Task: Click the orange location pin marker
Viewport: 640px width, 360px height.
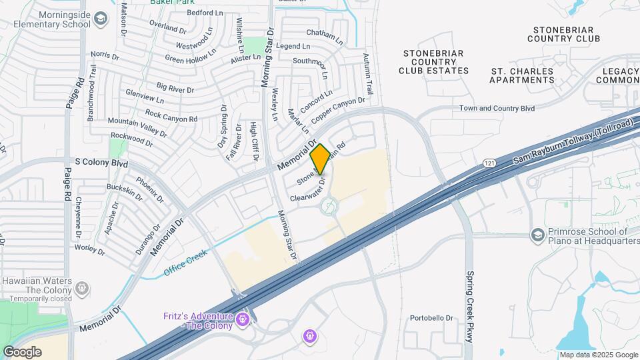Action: click(x=319, y=159)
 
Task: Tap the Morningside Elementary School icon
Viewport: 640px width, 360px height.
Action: click(x=101, y=17)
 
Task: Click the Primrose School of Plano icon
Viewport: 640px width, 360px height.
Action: click(x=537, y=235)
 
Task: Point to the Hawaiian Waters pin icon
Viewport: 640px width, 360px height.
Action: click(x=82, y=289)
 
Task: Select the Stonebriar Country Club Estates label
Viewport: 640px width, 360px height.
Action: click(x=434, y=61)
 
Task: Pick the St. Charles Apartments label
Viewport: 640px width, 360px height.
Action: click(x=521, y=75)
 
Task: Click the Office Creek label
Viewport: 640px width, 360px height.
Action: click(x=187, y=262)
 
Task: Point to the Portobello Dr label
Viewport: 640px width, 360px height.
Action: click(x=431, y=318)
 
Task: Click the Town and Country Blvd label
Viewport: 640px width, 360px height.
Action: click(x=497, y=108)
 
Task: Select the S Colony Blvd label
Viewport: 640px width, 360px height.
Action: click(x=101, y=161)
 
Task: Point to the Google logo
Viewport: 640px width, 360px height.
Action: click(x=22, y=351)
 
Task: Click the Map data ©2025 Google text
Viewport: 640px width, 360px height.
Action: click(x=598, y=355)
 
